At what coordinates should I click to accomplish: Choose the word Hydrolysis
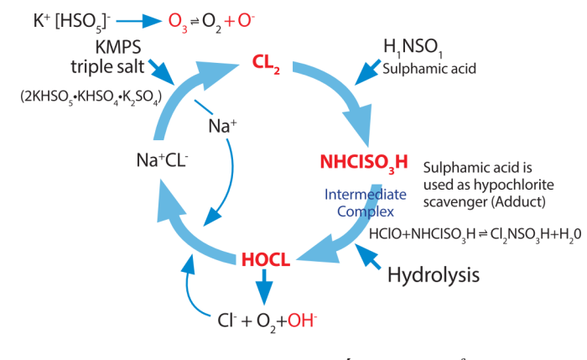point(433,274)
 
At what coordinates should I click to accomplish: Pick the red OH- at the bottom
point(300,320)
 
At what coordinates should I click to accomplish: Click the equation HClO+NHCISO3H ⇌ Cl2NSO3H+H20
point(475,234)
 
